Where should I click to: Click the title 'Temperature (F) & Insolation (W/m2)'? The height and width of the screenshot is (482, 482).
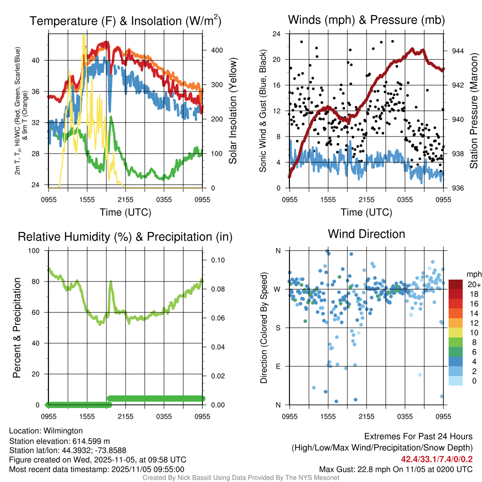click(x=125, y=21)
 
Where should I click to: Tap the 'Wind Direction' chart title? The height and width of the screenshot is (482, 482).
click(x=366, y=234)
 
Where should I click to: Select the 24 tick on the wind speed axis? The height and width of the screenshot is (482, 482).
click(x=277, y=34)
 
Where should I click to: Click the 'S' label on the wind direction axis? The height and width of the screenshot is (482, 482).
click(x=278, y=328)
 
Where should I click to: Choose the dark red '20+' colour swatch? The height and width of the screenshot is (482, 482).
click(x=456, y=284)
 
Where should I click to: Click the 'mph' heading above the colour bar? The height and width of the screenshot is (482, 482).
click(x=473, y=274)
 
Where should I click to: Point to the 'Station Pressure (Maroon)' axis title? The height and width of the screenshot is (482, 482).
click(x=474, y=111)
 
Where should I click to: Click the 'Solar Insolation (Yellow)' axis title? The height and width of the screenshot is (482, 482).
click(x=233, y=111)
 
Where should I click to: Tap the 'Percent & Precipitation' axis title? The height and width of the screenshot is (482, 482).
click(x=17, y=328)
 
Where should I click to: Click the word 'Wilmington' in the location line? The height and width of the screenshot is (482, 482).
click(x=62, y=431)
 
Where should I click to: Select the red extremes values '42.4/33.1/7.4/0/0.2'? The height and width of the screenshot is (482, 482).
click(x=437, y=459)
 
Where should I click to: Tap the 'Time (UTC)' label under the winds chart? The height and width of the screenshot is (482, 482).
click(x=366, y=212)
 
